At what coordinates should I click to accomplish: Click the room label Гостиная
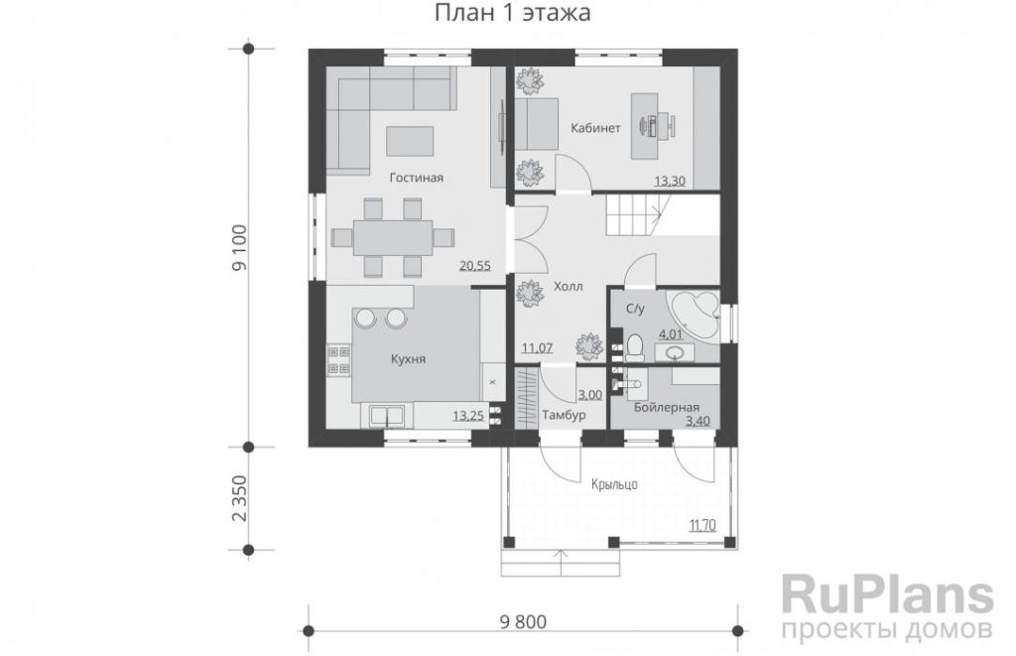point(416,178)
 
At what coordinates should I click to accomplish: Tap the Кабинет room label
point(595,128)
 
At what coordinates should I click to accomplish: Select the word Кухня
point(408,358)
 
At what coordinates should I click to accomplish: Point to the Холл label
point(569,286)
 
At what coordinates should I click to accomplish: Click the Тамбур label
point(564,415)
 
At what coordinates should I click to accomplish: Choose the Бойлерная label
point(666,407)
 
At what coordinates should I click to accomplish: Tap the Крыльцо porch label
point(614,484)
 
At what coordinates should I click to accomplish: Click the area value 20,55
point(475,265)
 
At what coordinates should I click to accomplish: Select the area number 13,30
point(670,181)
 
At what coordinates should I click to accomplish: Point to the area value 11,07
point(537,348)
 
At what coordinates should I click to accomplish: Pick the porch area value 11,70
point(702,525)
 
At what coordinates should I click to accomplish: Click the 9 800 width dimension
point(523,622)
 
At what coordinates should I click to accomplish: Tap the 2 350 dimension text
point(240,498)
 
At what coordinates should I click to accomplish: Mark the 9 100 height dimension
point(240,248)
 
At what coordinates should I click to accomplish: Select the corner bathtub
point(694,316)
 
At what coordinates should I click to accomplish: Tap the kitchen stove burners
point(337,360)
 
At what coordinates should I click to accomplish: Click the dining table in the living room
point(392,237)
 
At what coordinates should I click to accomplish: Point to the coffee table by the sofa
point(410,141)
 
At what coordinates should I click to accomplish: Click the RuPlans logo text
point(887,594)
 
